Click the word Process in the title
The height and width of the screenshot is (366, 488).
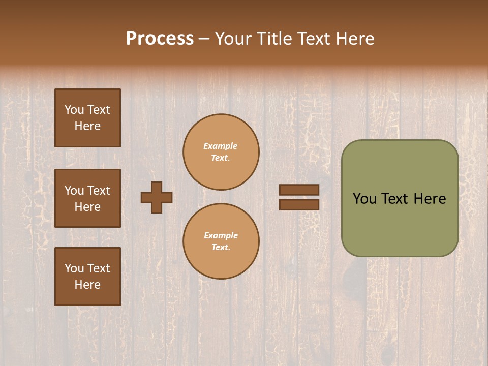160,39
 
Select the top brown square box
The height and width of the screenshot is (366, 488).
87,118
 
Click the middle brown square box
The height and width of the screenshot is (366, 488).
87,198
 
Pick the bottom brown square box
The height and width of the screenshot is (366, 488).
87,277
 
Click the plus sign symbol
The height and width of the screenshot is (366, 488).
157,197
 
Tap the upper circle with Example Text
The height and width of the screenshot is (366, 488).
221,152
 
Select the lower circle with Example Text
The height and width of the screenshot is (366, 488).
221,241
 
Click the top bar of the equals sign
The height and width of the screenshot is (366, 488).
299,190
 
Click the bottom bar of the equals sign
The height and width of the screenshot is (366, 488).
299,204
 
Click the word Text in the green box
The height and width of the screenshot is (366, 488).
394,199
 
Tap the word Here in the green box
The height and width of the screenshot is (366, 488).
430,199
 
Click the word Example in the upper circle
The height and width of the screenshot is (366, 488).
221,146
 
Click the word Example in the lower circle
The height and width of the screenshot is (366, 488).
221,235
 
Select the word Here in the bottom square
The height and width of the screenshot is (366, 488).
87,285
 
